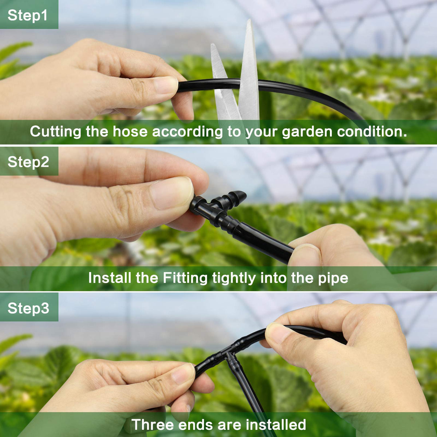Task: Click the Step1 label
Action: [x=27, y=15]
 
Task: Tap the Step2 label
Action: [x=28, y=162]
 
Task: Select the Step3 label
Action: [x=28, y=308]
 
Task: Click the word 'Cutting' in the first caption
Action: [x=56, y=131]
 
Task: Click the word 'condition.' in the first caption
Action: [x=372, y=131]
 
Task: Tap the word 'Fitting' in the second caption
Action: [x=185, y=278]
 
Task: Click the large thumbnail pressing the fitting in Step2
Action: [x=172, y=193]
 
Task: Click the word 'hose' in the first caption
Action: [x=130, y=131]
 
